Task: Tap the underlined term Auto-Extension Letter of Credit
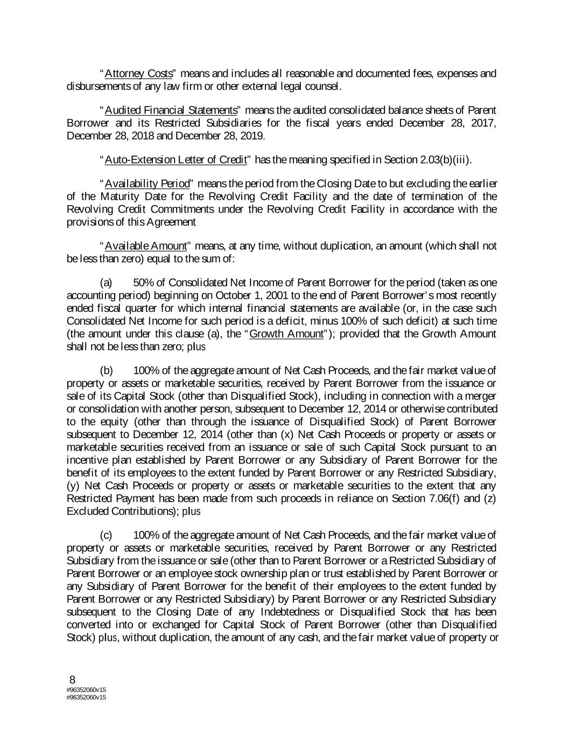[176, 160]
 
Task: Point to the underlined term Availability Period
[144, 184]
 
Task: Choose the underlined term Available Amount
[145, 246]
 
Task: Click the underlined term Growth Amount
[286, 334]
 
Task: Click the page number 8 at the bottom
[72, 679]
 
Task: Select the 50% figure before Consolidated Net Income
[144, 283]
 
